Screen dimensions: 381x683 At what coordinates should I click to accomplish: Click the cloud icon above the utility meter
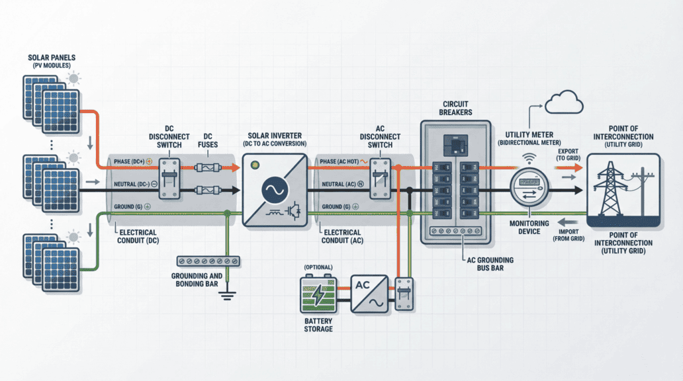point(564,103)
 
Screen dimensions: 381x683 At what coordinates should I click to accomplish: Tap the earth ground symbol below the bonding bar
point(228,294)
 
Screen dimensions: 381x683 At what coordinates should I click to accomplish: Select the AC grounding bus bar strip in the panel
point(456,232)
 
